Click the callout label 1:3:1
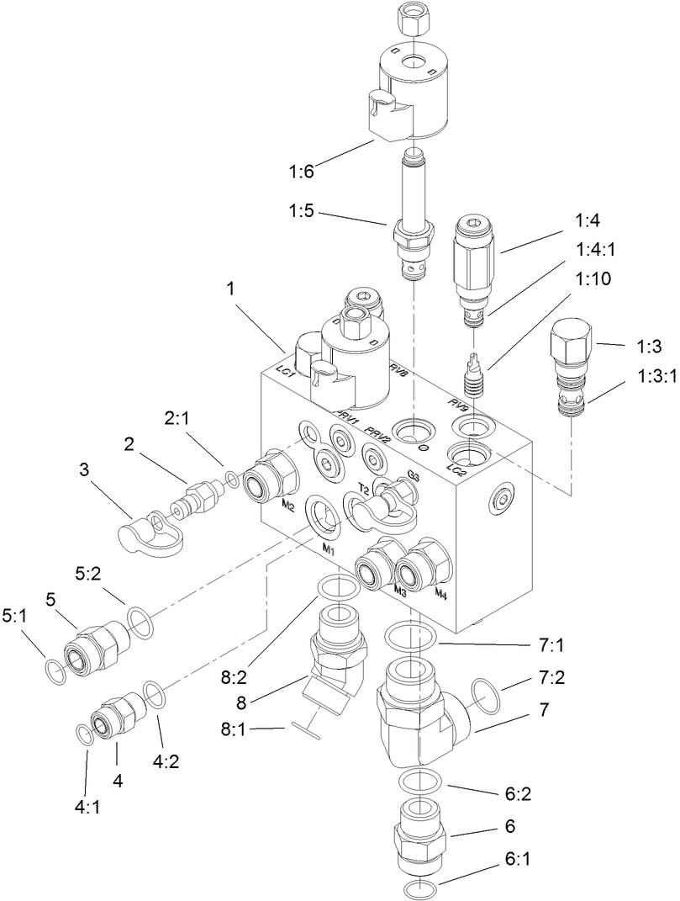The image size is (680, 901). tap(651, 377)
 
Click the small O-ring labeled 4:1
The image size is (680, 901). tap(85, 734)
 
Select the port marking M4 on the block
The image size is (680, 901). tap(440, 594)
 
